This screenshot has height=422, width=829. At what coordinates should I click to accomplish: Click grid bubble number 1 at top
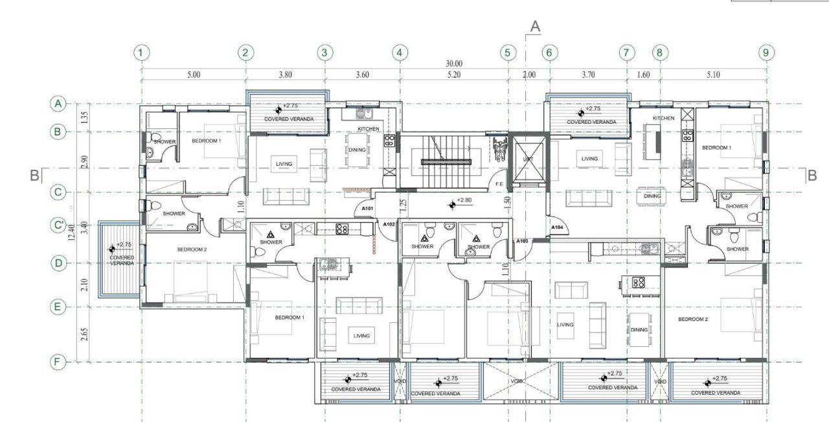click(142, 53)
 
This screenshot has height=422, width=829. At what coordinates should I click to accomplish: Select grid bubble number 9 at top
click(766, 53)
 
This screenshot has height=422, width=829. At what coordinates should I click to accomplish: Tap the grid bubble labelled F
click(59, 362)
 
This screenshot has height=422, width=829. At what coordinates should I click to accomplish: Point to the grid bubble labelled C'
click(59, 226)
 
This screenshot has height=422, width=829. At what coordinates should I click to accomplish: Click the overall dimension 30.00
click(454, 64)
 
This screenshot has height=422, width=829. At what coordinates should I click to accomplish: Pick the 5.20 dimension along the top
click(454, 75)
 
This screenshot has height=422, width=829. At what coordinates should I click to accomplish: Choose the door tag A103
click(522, 241)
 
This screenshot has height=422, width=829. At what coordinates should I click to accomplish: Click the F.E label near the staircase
click(499, 184)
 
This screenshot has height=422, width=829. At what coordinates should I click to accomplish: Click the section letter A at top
click(535, 26)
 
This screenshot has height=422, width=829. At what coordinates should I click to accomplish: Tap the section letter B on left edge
click(35, 175)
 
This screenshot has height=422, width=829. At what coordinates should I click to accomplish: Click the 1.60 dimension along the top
click(643, 75)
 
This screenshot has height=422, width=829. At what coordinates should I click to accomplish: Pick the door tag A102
click(389, 224)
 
